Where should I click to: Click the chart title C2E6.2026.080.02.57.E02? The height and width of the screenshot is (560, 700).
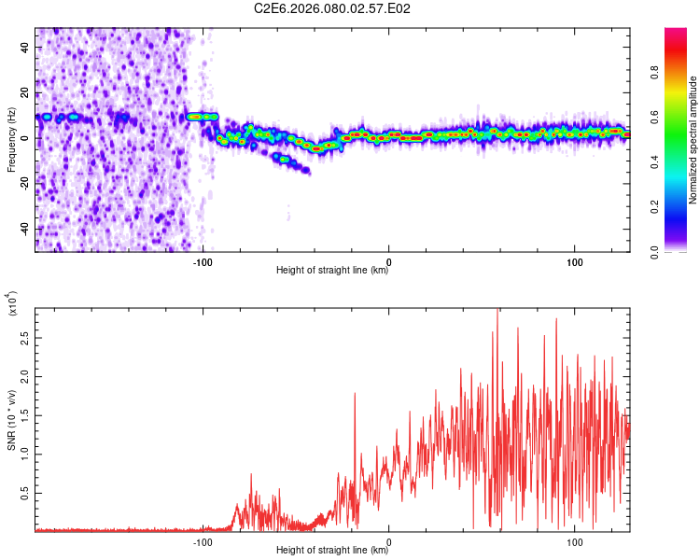click(333, 8)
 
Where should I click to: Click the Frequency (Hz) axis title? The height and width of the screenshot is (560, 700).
click(11, 140)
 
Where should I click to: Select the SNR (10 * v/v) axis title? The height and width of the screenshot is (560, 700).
click(11, 420)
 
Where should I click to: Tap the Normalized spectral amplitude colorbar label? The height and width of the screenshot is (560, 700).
click(693, 140)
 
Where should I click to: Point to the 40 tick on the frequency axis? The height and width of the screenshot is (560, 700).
click(25, 47)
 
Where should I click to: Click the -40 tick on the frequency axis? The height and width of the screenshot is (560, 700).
click(23, 229)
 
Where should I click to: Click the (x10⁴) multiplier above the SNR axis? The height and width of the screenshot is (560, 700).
click(11, 304)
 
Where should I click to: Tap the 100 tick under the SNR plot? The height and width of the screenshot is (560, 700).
click(575, 540)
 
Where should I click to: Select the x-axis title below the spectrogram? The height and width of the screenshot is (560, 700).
click(332, 271)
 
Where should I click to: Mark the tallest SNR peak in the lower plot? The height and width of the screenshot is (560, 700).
click(497, 312)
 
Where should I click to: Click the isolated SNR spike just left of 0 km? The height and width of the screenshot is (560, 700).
click(355, 395)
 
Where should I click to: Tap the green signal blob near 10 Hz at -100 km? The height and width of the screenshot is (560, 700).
click(202, 117)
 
